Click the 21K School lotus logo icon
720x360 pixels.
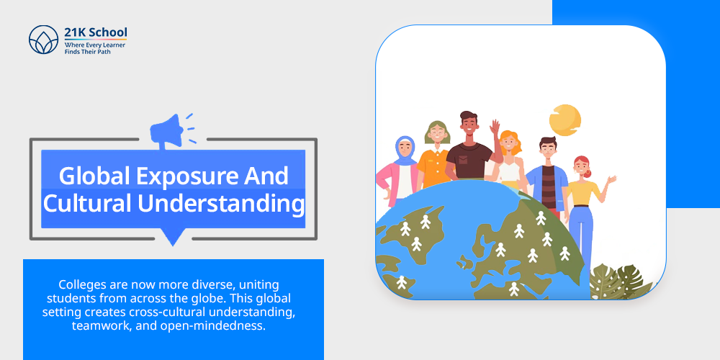pyautogui.click(x=44, y=40)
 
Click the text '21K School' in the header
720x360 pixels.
pyautogui.click(x=96, y=33)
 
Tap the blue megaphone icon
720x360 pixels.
pyautogui.click(x=169, y=130)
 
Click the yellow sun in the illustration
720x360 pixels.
pyautogui.click(x=565, y=120)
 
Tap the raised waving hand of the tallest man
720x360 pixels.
pyautogui.click(x=495, y=126)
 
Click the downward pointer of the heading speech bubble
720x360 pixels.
pyautogui.click(x=172, y=237)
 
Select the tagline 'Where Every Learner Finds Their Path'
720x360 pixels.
pyautogui.click(x=94, y=48)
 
